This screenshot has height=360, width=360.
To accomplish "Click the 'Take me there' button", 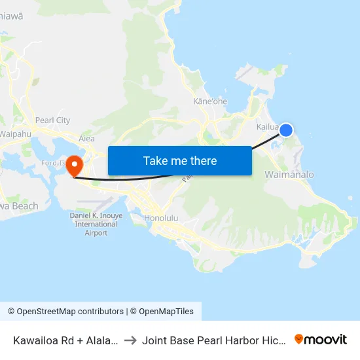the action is [x=180, y=160].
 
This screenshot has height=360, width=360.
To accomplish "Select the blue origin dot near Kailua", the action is [x=286, y=131].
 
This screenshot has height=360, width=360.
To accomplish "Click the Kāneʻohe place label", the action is [x=209, y=101].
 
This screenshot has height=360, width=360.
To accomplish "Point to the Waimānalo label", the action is [x=289, y=175].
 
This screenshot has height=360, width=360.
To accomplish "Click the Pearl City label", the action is [x=53, y=120].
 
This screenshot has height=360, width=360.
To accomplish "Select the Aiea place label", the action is [x=86, y=138].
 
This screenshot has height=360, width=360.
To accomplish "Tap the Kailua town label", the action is [x=268, y=126].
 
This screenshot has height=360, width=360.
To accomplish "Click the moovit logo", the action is [x=321, y=339].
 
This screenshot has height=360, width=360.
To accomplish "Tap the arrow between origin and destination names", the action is [x=130, y=340].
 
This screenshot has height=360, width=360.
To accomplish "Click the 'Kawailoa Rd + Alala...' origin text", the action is [x=65, y=340].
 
